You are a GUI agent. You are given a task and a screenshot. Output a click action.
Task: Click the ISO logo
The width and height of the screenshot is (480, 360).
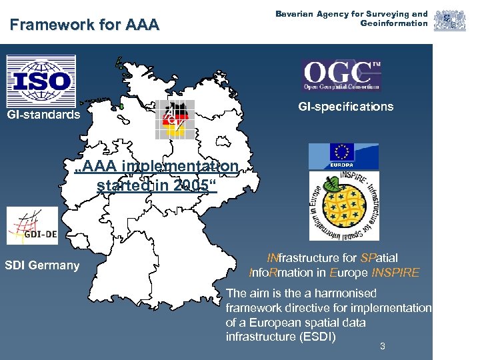coord(41,80)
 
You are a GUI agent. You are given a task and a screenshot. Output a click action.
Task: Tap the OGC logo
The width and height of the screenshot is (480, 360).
coord(342,75)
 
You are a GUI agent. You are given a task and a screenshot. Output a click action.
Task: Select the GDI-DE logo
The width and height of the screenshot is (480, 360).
coord(33,226)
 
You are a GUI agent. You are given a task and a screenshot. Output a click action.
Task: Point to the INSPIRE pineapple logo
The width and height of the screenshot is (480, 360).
coord(343,206)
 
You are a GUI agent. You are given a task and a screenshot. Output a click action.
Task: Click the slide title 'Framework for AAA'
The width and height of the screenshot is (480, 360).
coord(85,25)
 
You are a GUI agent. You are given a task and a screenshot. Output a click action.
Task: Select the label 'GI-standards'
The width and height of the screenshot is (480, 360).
coord(43,115)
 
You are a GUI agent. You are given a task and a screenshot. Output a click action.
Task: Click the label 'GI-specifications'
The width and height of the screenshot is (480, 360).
coord(345,107)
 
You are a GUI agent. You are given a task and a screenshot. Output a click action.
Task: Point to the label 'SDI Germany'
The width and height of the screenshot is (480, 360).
coord(42,265)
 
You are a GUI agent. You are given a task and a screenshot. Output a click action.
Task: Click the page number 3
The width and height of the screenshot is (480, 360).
coord(382,345)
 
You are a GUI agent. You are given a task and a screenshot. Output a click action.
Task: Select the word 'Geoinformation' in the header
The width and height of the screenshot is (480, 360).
coord(394,23)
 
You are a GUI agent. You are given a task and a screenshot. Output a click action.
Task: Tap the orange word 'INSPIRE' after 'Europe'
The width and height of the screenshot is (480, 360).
coord(396,273)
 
